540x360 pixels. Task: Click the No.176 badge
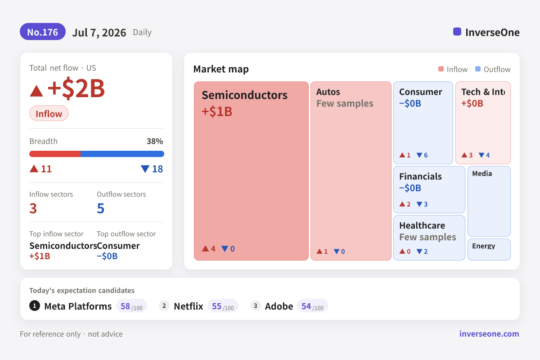tap(43, 32)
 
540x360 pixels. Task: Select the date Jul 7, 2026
tap(99, 32)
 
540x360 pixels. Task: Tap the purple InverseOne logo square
tap(457, 31)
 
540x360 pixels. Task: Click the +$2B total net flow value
tap(76, 88)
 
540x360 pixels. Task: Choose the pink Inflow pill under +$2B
tap(49, 113)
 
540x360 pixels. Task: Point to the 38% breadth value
tap(155, 141)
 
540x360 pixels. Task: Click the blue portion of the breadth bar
tap(122, 154)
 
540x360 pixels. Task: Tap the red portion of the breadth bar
tap(55, 154)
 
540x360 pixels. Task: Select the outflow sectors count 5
tap(100, 208)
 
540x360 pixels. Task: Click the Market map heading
tap(221, 69)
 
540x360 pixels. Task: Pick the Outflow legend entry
tap(493, 69)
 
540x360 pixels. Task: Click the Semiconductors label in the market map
tap(244, 95)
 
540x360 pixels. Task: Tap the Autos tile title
tap(328, 92)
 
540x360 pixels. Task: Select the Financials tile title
tap(420, 176)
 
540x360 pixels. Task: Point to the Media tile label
tap(482, 173)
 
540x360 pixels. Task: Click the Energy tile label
tap(484, 246)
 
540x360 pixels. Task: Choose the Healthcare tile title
tap(422, 225)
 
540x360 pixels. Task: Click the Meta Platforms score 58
tap(126, 306)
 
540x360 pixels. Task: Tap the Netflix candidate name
tap(189, 306)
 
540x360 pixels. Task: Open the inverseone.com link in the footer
tap(489, 334)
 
